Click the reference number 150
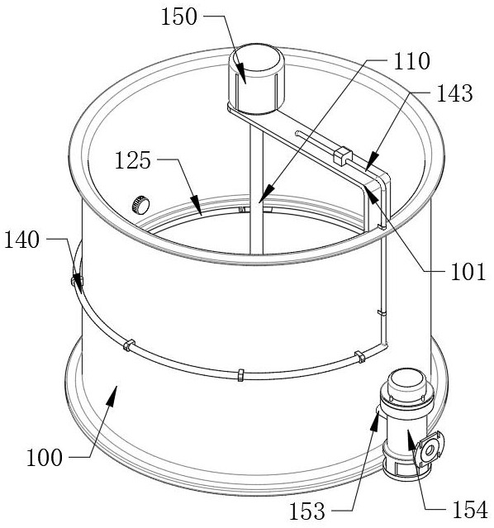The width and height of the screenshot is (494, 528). [178, 17]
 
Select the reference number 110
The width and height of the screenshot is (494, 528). [412, 61]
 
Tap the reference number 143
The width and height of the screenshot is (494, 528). [454, 93]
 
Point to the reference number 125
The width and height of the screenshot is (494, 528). [133, 160]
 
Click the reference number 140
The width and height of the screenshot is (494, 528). [21, 240]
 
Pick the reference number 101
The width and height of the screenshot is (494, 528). [468, 272]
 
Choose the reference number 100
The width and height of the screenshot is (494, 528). [45, 458]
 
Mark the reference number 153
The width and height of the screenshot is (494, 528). [307, 511]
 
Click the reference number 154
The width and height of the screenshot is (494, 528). [470, 510]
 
